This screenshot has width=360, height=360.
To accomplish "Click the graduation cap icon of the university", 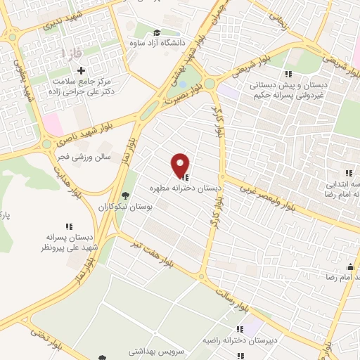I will [157, 33].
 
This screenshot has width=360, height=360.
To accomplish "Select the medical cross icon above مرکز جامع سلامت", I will [82, 70].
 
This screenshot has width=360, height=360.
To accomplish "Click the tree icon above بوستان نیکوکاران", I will [126, 195].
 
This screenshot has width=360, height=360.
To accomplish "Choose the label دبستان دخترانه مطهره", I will [185, 189].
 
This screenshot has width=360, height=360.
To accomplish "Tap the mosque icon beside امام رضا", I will [350, 266].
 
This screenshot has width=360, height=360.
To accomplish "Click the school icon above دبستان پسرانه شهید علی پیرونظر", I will [69, 226].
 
